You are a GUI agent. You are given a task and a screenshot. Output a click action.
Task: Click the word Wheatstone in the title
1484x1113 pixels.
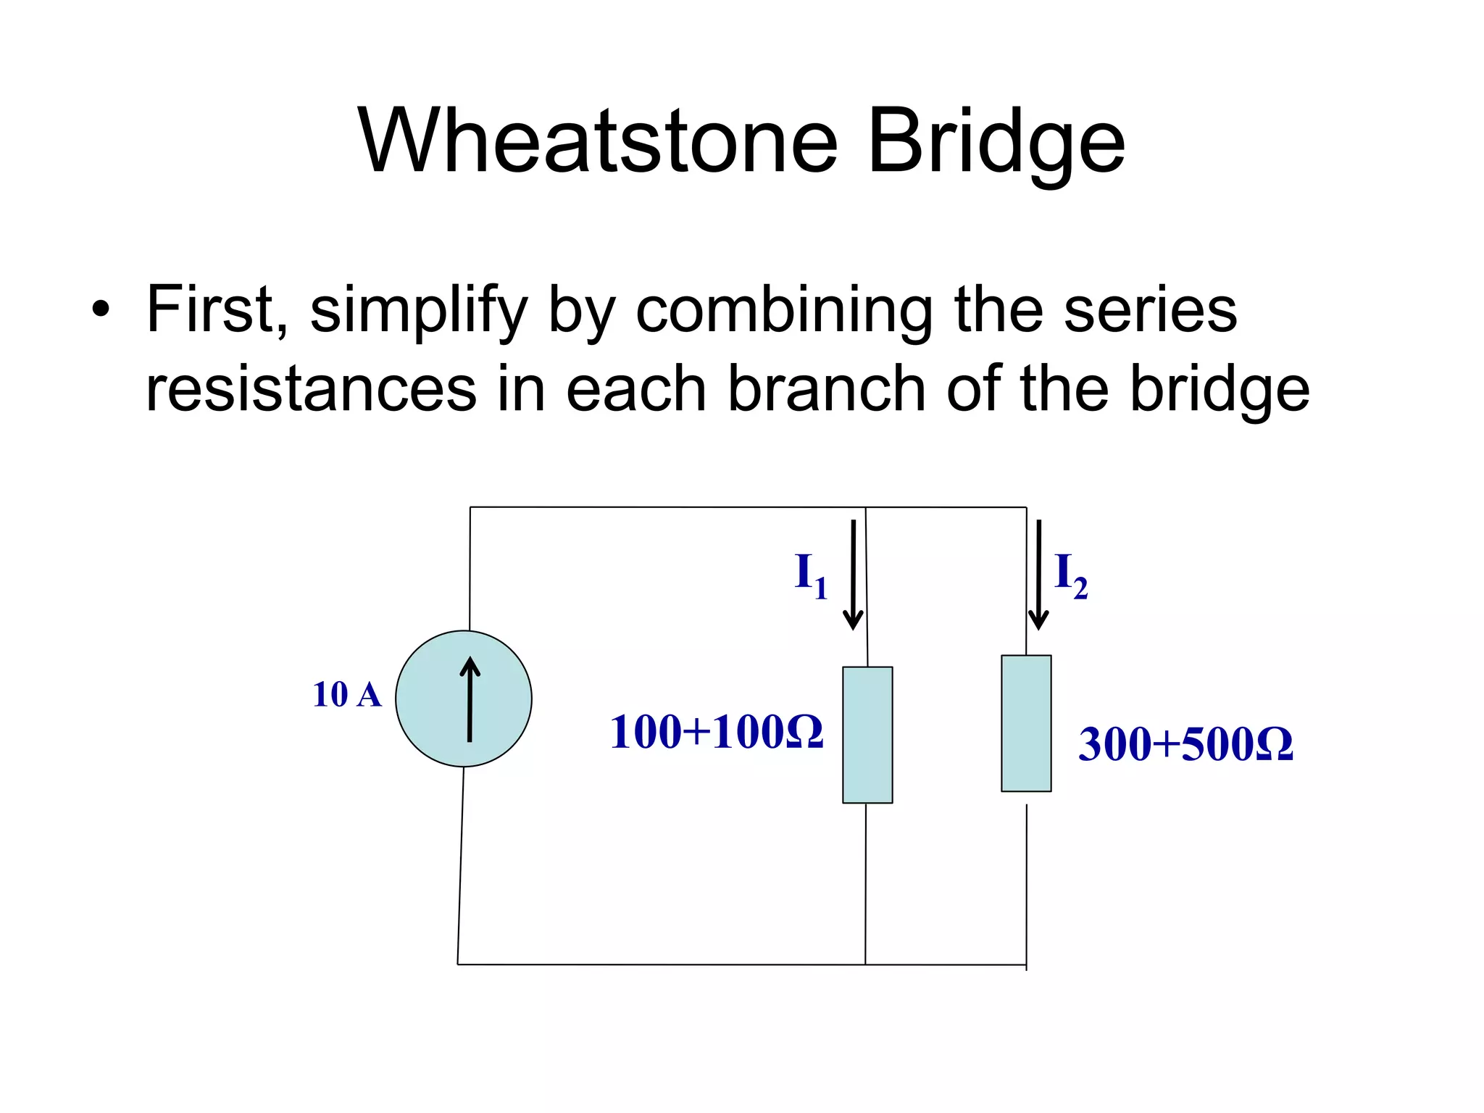click(598, 141)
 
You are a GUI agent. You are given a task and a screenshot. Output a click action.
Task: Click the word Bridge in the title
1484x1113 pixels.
click(996, 141)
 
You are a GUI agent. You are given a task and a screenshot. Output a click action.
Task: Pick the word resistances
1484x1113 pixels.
click(311, 389)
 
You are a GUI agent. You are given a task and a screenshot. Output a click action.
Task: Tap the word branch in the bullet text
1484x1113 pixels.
click(826, 389)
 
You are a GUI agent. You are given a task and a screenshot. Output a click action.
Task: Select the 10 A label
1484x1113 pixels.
click(346, 695)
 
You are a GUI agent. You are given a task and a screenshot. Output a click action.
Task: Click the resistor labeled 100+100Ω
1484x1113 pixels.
click(867, 735)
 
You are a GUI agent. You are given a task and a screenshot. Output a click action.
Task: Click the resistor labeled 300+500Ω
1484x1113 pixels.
click(1026, 723)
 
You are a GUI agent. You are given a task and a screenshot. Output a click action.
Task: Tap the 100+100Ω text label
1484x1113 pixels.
click(716, 732)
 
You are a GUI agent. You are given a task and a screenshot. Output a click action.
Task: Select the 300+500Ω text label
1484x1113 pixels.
click(1185, 744)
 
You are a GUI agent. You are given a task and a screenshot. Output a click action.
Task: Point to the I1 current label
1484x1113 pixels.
click(810, 575)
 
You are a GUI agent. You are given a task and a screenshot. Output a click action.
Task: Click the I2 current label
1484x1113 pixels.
click(1070, 575)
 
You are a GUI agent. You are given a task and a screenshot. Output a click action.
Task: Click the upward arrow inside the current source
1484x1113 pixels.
click(470, 699)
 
